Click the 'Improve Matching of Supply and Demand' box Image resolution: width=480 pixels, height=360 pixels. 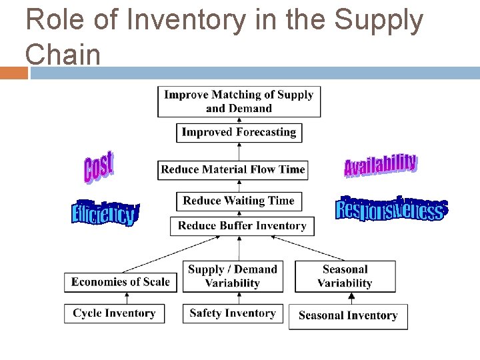coord(239,101)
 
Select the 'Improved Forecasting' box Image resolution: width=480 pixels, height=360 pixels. coord(239,132)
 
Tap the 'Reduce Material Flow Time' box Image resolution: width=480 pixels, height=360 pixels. coord(233,169)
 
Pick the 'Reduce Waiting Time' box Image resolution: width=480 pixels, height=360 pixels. coord(239,201)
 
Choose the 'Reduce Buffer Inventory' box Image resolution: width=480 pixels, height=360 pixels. coord(242,226)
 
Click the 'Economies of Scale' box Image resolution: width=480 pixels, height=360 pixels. coord(121,282)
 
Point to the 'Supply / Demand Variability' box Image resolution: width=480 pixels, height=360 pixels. coord(232,276)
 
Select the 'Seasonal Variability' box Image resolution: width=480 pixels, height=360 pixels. coord(345,276)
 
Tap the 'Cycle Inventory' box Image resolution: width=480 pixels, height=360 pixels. coord(114,313)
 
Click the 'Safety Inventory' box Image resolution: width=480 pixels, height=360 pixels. coord(232,313)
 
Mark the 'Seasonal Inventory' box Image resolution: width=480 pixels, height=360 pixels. coord(347,316)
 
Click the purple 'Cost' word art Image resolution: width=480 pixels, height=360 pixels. coord(99,167)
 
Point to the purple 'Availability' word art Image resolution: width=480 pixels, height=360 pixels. coord(381,165)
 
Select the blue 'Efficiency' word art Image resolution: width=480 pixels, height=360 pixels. coord(105,213)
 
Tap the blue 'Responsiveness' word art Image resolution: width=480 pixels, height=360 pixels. coord(391,209)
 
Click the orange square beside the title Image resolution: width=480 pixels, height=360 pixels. coord(13,73)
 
